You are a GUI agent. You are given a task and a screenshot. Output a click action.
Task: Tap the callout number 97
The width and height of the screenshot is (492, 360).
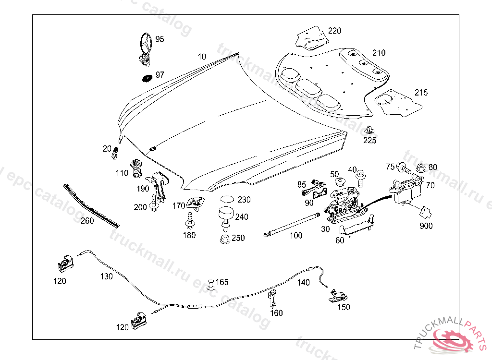tap(160, 75)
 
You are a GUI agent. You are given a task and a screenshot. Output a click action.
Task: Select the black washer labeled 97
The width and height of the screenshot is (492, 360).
tap(147, 77)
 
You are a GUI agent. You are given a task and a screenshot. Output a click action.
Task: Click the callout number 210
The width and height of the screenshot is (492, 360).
tap(379, 53)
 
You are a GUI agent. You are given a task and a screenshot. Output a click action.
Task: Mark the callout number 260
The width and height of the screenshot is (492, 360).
tap(87, 221)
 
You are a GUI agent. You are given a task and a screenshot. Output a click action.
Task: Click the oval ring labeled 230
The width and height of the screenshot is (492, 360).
tap(228, 199)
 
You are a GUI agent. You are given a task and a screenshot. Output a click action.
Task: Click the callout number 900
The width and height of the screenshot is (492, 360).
tap(426, 226)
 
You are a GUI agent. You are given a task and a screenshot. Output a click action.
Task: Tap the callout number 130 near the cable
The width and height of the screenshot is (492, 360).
tap(107, 276)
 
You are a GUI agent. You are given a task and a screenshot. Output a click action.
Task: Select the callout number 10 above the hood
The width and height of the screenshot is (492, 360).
tap(202, 57)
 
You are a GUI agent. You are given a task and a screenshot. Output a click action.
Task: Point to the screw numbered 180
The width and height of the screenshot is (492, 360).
tap(190, 220)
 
